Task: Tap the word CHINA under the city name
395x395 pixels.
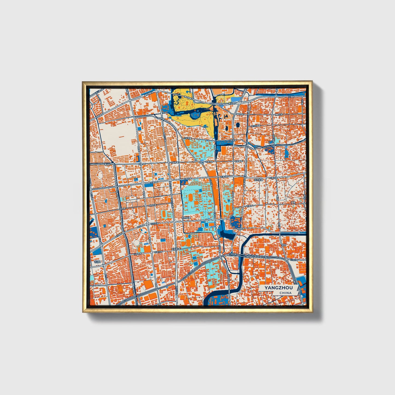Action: [285, 293]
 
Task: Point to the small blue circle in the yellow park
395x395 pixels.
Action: [187, 91]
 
